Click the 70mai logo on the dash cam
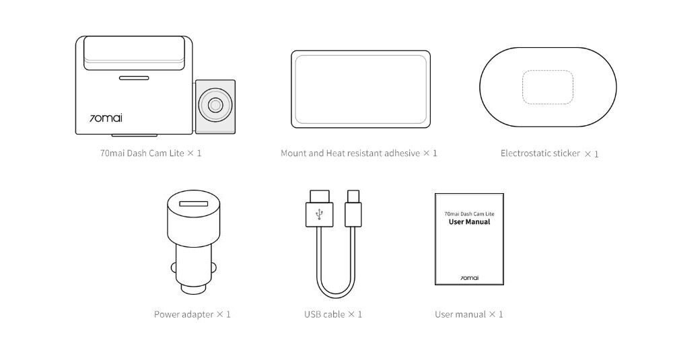pyautogui.click(x=106, y=118)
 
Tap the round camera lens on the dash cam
pyautogui.click(x=215, y=105)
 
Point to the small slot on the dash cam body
pyautogui.click(x=134, y=78)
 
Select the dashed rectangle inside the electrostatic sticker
pyautogui.click(x=548, y=87)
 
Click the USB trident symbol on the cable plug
pyautogui.click(x=319, y=214)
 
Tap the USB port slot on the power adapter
pyautogui.click(x=194, y=204)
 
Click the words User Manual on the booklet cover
pyautogui.click(x=469, y=222)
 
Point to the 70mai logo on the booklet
pyautogui.click(x=470, y=278)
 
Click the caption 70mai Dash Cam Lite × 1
pyautogui.click(x=151, y=153)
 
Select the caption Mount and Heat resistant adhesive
pyautogui.click(x=350, y=153)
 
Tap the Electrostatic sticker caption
pyautogui.click(x=540, y=153)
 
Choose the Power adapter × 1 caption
pyautogui.click(x=192, y=314)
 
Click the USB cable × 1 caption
pyautogui.click(x=333, y=314)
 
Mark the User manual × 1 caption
pyautogui.click(x=468, y=314)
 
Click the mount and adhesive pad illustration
pyautogui.click(x=361, y=89)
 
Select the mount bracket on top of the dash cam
pyautogui.click(x=135, y=53)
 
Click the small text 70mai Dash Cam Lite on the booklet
pyautogui.click(x=469, y=214)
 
